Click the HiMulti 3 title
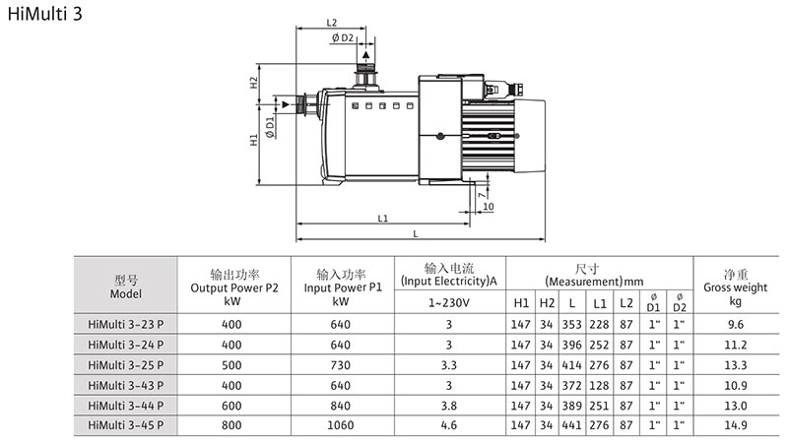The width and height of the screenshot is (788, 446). (x=45, y=18)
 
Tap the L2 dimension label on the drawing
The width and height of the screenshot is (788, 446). (x=331, y=22)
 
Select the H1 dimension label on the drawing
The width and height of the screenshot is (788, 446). (x=254, y=141)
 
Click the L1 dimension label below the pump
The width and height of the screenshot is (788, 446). (x=383, y=217)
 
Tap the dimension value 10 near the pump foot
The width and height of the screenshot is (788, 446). (x=489, y=207)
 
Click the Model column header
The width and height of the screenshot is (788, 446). (x=126, y=287)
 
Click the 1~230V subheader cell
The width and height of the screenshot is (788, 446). (x=448, y=302)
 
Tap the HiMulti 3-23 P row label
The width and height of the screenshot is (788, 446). (x=126, y=323)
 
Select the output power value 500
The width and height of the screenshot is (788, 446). (x=231, y=363)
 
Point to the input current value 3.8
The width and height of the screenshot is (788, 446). (x=448, y=404)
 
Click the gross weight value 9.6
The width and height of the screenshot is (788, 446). (x=734, y=323)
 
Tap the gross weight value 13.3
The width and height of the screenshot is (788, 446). (x=734, y=363)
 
